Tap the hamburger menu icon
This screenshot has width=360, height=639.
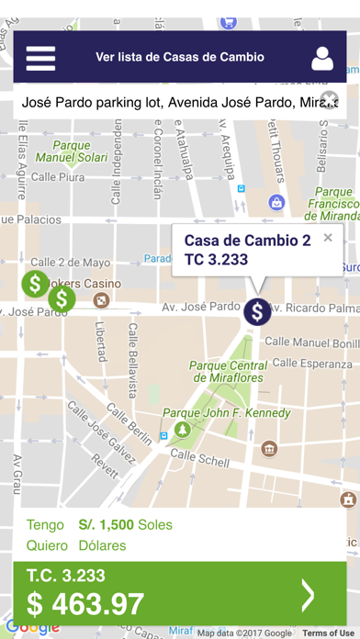coord(40,57)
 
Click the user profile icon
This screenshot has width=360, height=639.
coord(321,57)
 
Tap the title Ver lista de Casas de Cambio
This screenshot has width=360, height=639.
coord(180,57)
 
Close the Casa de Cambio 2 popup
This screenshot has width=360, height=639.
coord(328,238)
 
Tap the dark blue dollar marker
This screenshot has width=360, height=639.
coord(258,311)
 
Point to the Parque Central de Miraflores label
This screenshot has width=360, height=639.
coord(226,371)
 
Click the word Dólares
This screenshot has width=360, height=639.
coord(102,545)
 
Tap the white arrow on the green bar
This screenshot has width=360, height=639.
coord(309,595)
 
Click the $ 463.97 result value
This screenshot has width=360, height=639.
coord(84,604)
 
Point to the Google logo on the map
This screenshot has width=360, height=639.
coord(32,628)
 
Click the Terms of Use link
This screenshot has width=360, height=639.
coord(327,633)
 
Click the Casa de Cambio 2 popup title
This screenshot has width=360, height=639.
coord(247,241)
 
